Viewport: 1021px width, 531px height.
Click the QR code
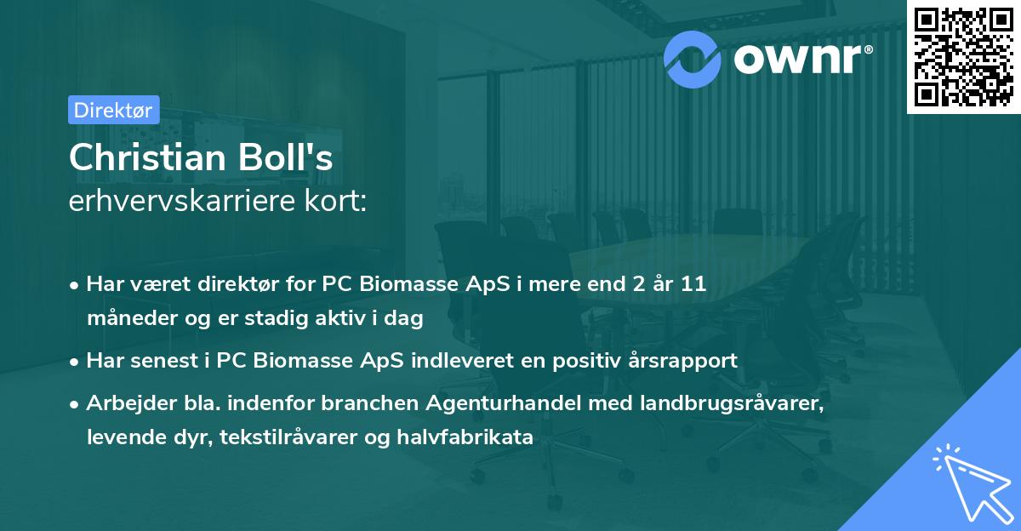(963, 56)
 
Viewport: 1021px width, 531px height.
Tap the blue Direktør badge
(113, 109)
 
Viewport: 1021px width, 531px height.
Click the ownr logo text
(800, 59)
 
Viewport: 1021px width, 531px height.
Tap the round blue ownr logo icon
(693, 59)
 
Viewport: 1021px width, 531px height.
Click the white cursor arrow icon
(969, 481)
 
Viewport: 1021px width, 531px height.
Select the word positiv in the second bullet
(580, 360)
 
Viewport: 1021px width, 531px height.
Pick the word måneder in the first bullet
(128, 318)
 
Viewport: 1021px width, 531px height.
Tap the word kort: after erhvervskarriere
(342, 203)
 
